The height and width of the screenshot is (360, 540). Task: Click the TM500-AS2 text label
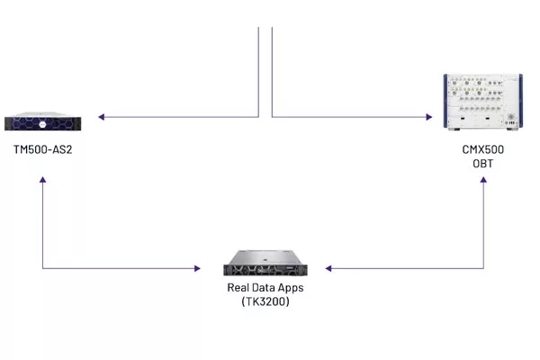42,149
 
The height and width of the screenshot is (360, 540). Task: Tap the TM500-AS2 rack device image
42,121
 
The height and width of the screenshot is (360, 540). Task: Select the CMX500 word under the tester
482,149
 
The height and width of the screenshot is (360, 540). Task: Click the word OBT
482,163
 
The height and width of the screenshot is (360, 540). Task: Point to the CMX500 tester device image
482,102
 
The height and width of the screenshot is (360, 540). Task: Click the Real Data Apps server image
265,263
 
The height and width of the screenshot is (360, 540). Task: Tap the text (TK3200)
265,301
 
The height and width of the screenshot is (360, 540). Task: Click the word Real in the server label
238,287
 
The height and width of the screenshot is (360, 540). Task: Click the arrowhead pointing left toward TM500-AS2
101,117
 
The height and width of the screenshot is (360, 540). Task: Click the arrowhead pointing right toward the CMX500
429,117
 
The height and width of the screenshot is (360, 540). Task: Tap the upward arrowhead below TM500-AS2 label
42,179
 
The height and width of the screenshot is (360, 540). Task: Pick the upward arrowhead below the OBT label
483,179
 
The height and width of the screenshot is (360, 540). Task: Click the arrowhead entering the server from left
197,268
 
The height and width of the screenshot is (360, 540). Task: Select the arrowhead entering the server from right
328,268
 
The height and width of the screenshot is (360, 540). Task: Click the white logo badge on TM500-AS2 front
42,124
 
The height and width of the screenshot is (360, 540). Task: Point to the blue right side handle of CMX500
521,101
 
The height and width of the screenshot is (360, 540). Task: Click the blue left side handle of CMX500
445,101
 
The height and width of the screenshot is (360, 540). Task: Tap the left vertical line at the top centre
258,72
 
